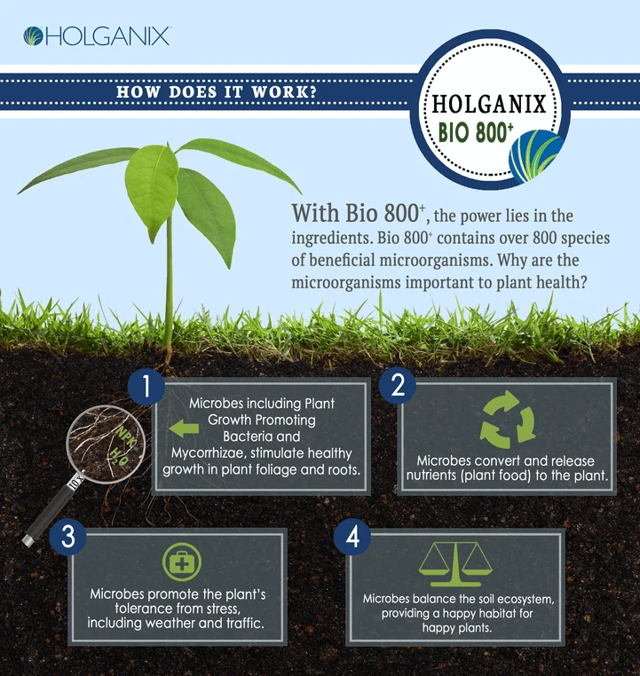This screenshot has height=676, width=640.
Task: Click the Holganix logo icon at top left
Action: click(34, 36)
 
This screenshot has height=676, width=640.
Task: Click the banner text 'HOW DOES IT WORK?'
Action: click(217, 93)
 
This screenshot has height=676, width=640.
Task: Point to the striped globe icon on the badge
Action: click(533, 156)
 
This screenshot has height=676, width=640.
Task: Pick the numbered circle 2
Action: click(399, 384)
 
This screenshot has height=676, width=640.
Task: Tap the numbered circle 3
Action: click(67, 535)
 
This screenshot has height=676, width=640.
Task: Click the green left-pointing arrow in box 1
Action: click(184, 429)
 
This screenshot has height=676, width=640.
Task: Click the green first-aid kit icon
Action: click(182, 562)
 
